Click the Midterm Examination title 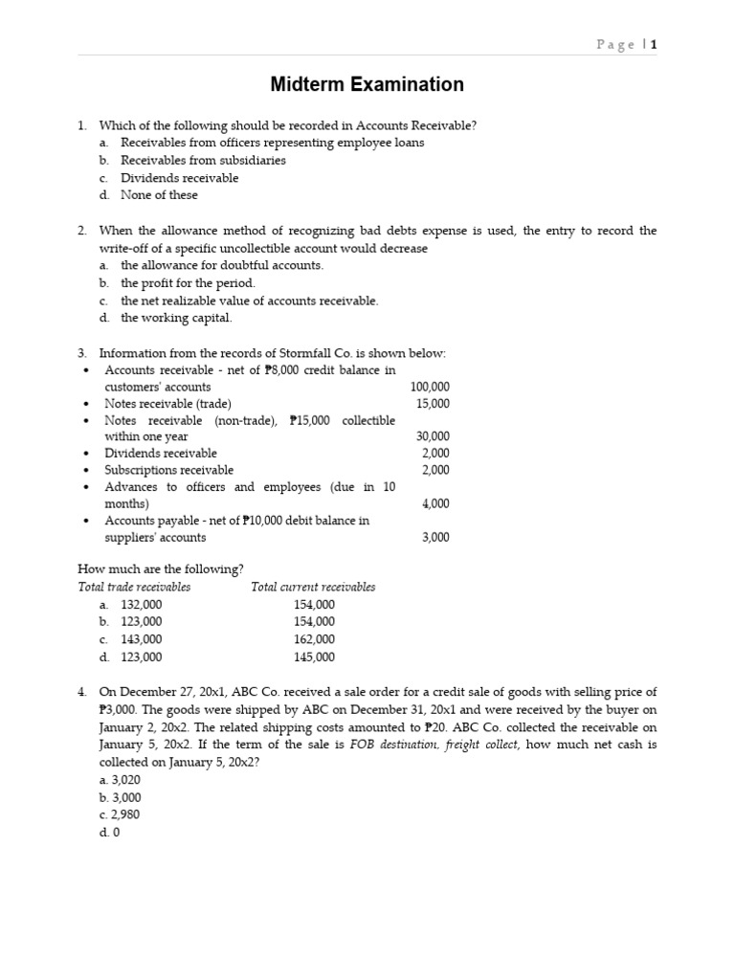[367, 85]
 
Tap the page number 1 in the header [655, 44]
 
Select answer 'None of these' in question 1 [159, 195]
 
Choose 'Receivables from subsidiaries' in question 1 [203, 161]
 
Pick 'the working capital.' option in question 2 [176, 318]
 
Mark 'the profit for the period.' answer [188, 283]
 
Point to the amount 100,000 [430, 387]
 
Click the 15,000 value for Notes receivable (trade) [433, 404]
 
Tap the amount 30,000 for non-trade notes [433, 436]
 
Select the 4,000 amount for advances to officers [435, 503]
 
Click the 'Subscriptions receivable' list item [168, 470]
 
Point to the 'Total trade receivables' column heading [134, 587]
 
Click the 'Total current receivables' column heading [313, 587]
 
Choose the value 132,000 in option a [142, 605]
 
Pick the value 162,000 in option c [314, 639]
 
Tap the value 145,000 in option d [314, 657]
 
